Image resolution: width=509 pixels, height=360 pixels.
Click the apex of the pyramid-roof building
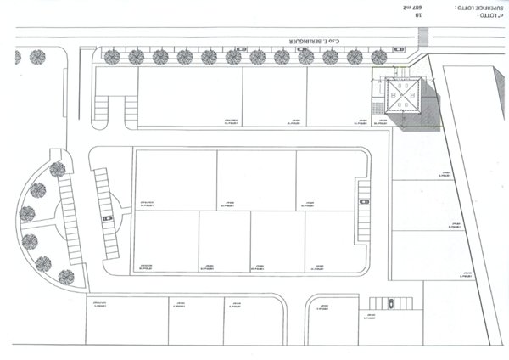point(404,98)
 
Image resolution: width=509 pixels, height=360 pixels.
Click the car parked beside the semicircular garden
point(107,218)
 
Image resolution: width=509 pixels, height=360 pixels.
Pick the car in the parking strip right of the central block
point(364,202)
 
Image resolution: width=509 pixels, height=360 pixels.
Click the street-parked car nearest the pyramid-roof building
point(397,50)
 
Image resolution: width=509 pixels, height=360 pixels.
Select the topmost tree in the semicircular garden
point(58,169)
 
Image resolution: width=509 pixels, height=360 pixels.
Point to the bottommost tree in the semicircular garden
point(66,277)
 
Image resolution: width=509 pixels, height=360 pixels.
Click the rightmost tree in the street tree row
point(378,57)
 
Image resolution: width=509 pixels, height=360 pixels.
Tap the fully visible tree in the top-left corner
point(37,57)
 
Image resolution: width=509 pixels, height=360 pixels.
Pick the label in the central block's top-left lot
point(144,205)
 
